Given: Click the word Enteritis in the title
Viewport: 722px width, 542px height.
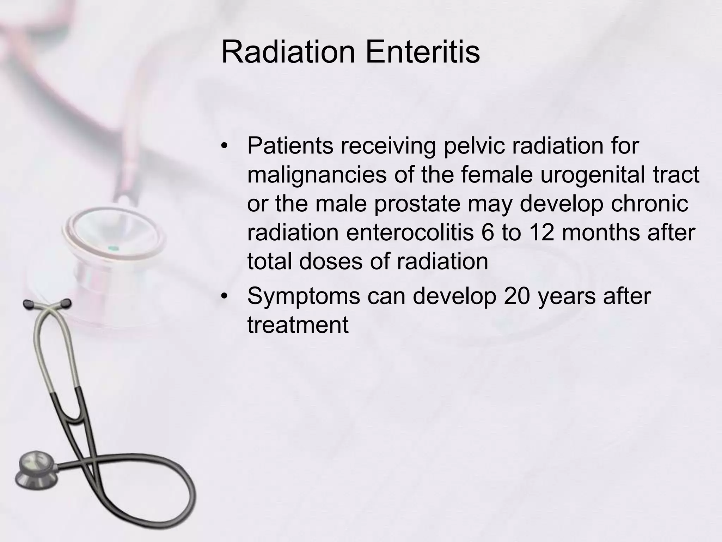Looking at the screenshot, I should (422, 52).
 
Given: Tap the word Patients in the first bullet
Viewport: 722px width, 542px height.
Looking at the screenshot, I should (290, 145).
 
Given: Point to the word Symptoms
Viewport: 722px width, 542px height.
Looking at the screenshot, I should (304, 296).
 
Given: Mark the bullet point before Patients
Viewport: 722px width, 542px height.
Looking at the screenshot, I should (225, 146).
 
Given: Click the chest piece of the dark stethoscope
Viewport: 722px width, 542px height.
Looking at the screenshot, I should (35, 471).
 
